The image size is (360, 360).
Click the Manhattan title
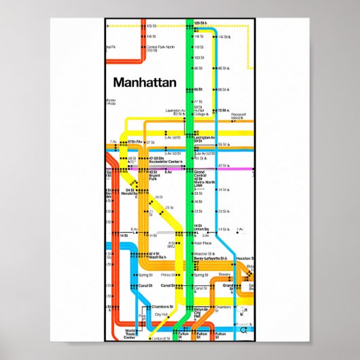point(145,83)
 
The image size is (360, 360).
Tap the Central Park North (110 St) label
point(161,48)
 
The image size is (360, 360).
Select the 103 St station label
point(198,58)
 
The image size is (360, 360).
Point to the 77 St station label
point(198,101)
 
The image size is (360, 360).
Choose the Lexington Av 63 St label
point(175,111)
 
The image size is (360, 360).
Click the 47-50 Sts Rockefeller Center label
point(164,160)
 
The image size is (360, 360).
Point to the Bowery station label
point(214,274)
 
